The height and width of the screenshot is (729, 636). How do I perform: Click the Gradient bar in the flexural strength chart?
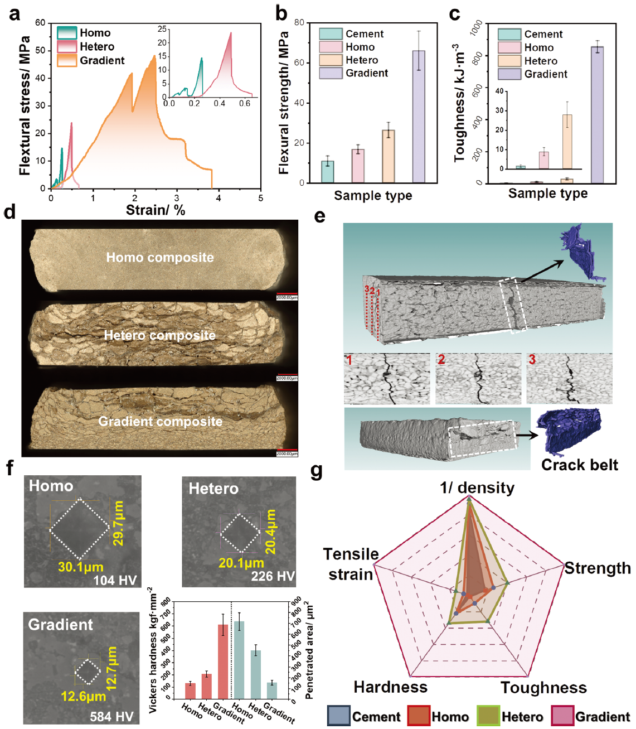tap(418, 117)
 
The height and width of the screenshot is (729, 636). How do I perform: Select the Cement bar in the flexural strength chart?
tap(328, 172)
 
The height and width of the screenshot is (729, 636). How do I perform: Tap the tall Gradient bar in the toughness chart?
tap(597, 115)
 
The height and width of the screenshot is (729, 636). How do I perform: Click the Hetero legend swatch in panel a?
tap(66, 47)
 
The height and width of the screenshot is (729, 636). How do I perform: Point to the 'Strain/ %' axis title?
tap(155, 210)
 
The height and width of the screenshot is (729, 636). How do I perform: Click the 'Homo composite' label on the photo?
tap(160, 258)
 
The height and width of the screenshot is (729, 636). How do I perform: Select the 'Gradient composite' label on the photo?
tap(160, 422)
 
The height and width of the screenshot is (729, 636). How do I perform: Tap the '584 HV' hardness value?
tap(111, 717)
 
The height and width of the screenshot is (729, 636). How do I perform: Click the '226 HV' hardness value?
tap(273, 576)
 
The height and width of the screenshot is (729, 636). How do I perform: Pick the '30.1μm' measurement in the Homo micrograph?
tap(81, 567)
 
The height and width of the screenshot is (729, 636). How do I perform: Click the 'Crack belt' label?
tap(579, 465)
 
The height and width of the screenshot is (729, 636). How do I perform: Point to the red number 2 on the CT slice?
tap(441, 360)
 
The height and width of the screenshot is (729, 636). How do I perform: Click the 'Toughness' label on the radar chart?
tap(543, 688)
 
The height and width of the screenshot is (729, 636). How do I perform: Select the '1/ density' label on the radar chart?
tap(477, 488)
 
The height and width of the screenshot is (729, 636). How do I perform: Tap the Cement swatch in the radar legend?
tap(338, 716)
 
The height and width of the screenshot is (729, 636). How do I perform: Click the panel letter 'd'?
tap(9, 213)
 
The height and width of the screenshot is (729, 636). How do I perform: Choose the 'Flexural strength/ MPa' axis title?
tap(284, 103)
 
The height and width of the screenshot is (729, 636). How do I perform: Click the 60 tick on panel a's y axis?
tap(40, 23)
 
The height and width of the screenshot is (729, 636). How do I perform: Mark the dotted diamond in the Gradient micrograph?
tap(88, 672)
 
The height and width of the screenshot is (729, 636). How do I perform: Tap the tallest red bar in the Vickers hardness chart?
tap(223, 662)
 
